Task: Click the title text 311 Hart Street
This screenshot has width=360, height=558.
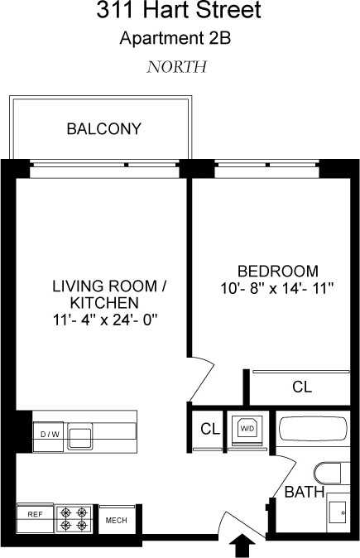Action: pyautogui.click(x=179, y=12)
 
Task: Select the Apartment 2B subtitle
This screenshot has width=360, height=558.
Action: pyautogui.click(x=179, y=38)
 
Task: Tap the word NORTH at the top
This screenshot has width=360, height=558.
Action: pyautogui.click(x=176, y=67)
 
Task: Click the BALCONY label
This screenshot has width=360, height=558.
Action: pyautogui.click(x=104, y=129)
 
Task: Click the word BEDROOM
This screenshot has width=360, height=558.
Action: pyautogui.click(x=278, y=271)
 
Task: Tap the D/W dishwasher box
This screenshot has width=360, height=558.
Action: pyautogui.click(x=46, y=434)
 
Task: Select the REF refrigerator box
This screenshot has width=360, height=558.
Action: pyautogui.click(x=35, y=514)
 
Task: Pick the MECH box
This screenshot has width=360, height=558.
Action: pyautogui.click(x=115, y=520)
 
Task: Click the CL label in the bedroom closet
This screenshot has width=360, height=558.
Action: pyautogui.click(x=302, y=387)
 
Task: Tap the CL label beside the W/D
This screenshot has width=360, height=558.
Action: pyautogui.click(x=209, y=429)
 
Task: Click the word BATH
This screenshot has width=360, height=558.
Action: pyautogui.click(x=304, y=493)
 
